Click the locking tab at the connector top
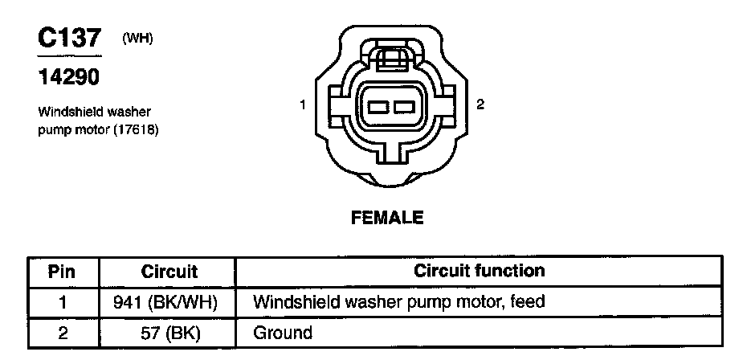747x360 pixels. (391, 59)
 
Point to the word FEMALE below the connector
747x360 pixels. (386, 218)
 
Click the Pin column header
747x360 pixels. (62, 272)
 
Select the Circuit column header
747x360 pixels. (169, 272)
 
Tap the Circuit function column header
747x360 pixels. (479, 271)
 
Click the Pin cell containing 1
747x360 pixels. (62, 302)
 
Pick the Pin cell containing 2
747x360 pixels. (62, 332)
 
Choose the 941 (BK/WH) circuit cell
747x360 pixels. (168, 302)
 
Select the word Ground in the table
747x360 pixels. (282, 332)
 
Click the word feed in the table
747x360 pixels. (528, 302)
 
